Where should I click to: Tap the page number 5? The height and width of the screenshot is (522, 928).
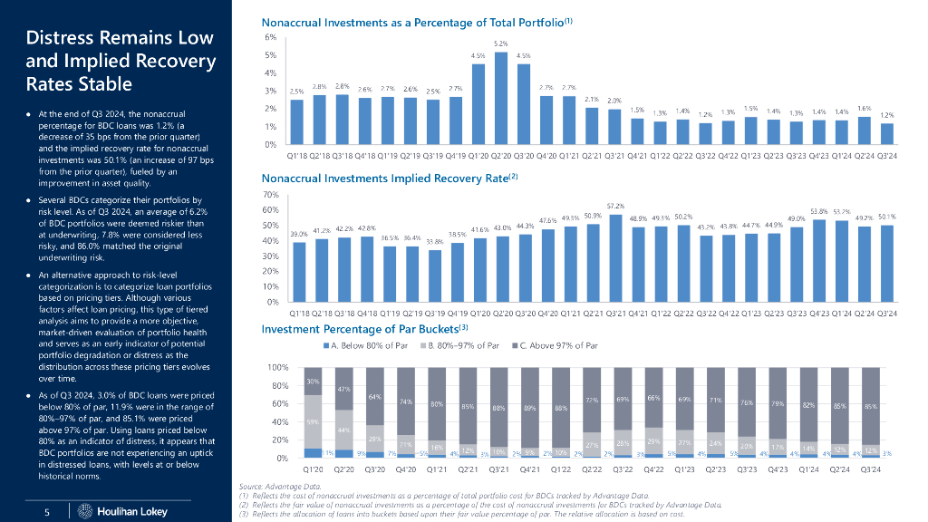click(46, 512)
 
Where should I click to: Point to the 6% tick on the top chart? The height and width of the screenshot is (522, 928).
click(270, 38)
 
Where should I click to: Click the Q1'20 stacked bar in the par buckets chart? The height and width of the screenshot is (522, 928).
click(314, 412)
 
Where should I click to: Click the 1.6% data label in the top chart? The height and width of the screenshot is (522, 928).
click(865, 108)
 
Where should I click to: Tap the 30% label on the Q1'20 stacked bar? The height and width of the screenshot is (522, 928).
click(313, 382)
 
